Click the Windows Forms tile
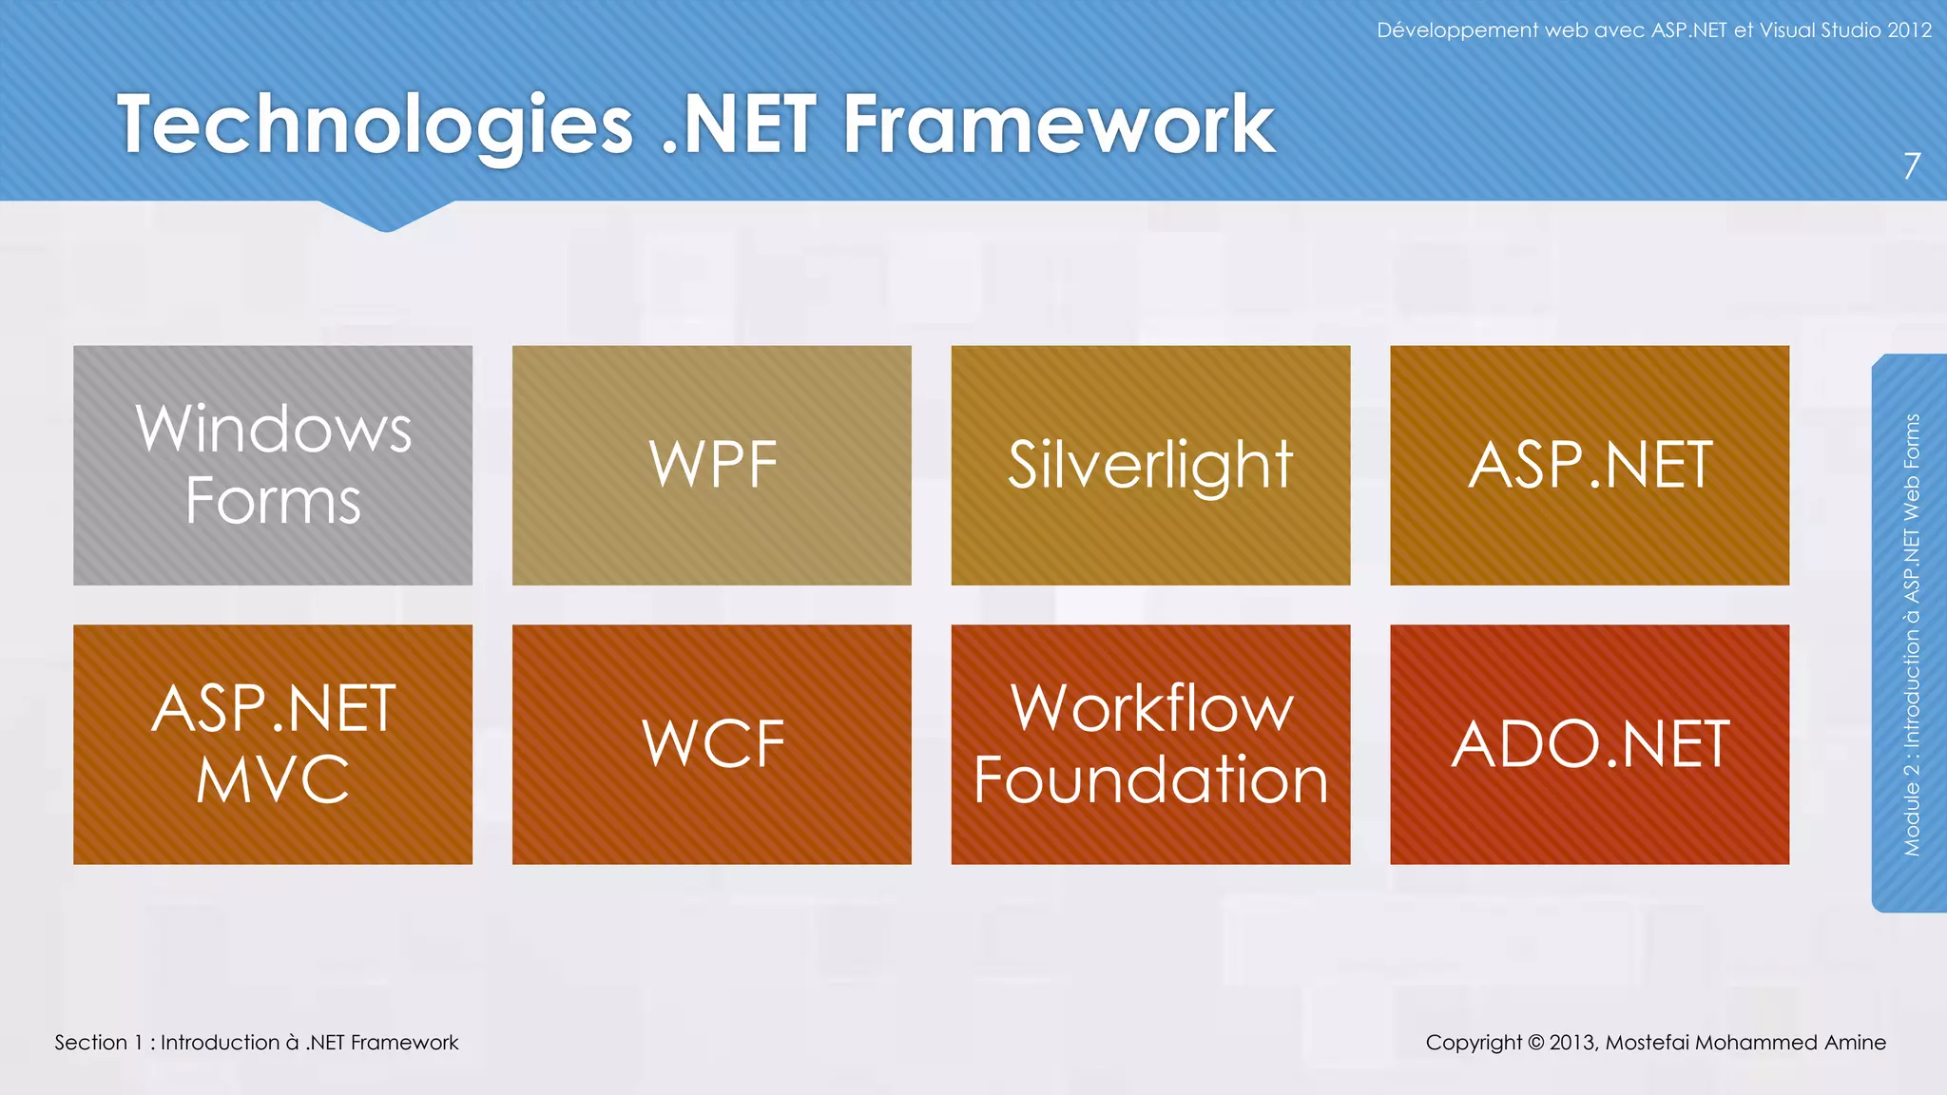273,465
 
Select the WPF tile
711,465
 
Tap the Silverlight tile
1150,465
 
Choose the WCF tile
711,744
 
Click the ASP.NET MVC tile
273,744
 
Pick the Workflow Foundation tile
1150,744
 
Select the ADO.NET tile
1590,744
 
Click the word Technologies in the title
375,125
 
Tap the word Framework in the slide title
1058,125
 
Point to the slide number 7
1912,167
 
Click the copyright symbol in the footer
1535,1043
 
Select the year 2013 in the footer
1571,1043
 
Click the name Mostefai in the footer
1647,1043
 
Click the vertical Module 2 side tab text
1912,634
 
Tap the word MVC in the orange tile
273,780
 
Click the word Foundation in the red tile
1150,780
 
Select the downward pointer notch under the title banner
386,219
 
